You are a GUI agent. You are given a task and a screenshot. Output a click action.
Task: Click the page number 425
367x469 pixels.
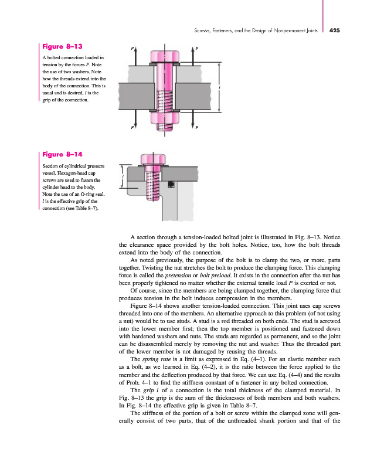pyautogui.click(x=334, y=30)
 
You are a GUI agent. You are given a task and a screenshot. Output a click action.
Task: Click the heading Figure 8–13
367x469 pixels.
pyautogui.click(x=62, y=46)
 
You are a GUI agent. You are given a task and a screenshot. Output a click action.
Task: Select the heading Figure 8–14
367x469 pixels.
pyautogui.click(x=62, y=154)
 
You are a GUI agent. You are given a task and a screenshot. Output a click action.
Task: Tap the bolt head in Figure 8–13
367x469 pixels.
pyautogui.click(x=165, y=56)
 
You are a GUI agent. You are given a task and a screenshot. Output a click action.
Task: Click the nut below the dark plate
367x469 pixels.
pyautogui.click(x=165, y=117)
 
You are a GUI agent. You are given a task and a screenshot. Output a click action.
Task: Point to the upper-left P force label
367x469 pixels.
pyautogui.click(x=132, y=48)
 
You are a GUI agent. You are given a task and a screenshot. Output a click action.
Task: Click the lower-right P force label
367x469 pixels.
pyautogui.click(x=197, y=127)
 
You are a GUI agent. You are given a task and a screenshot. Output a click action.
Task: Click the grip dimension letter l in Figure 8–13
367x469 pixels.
pyautogui.click(x=220, y=87)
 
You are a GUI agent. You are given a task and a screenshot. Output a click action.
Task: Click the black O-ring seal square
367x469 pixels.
pyautogui.click(x=171, y=184)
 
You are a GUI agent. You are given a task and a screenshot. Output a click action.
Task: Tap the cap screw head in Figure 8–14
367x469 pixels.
pyautogui.click(x=153, y=159)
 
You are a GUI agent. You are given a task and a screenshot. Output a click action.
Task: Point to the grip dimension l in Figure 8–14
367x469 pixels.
pyautogui.click(x=123, y=176)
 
